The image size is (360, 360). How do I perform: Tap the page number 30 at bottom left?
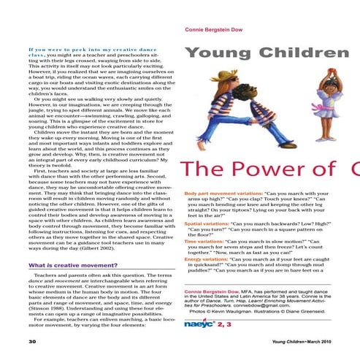click(x=11, y=341)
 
